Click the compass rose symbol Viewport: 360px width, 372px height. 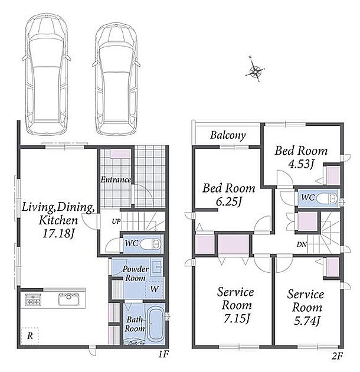coord(255,69)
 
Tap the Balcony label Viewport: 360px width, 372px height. coord(228,135)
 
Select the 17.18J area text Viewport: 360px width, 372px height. coord(58,234)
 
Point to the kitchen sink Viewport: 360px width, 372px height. coord(69,299)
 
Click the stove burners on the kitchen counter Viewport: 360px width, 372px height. coord(33,299)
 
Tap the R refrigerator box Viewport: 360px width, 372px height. coord(30,336)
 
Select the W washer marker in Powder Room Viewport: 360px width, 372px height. coord(154,289)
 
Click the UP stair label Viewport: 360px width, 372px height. coord(116,221)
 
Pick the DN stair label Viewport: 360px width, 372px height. coord(302,244)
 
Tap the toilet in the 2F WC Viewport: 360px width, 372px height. coord(327,198)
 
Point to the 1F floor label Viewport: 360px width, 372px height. coord(163,354)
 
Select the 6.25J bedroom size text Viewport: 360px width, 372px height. coord(228,202)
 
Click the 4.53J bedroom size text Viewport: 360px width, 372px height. coord(301,164)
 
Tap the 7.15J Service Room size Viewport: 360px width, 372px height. coord(237,318)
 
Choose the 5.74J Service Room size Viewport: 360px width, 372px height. coord(307,321)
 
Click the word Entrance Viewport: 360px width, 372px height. coord(116,180)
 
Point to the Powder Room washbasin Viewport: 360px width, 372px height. coord(156,267)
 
